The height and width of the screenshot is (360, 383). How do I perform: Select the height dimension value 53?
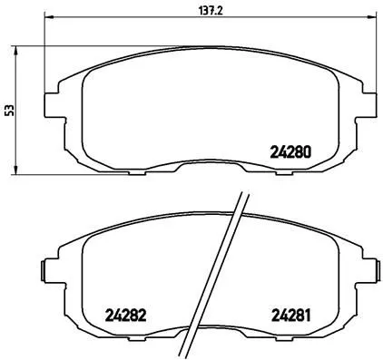point(9,110)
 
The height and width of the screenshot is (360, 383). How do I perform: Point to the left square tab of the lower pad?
point(44,270)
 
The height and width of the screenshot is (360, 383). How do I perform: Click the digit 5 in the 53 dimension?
point(9,113)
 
